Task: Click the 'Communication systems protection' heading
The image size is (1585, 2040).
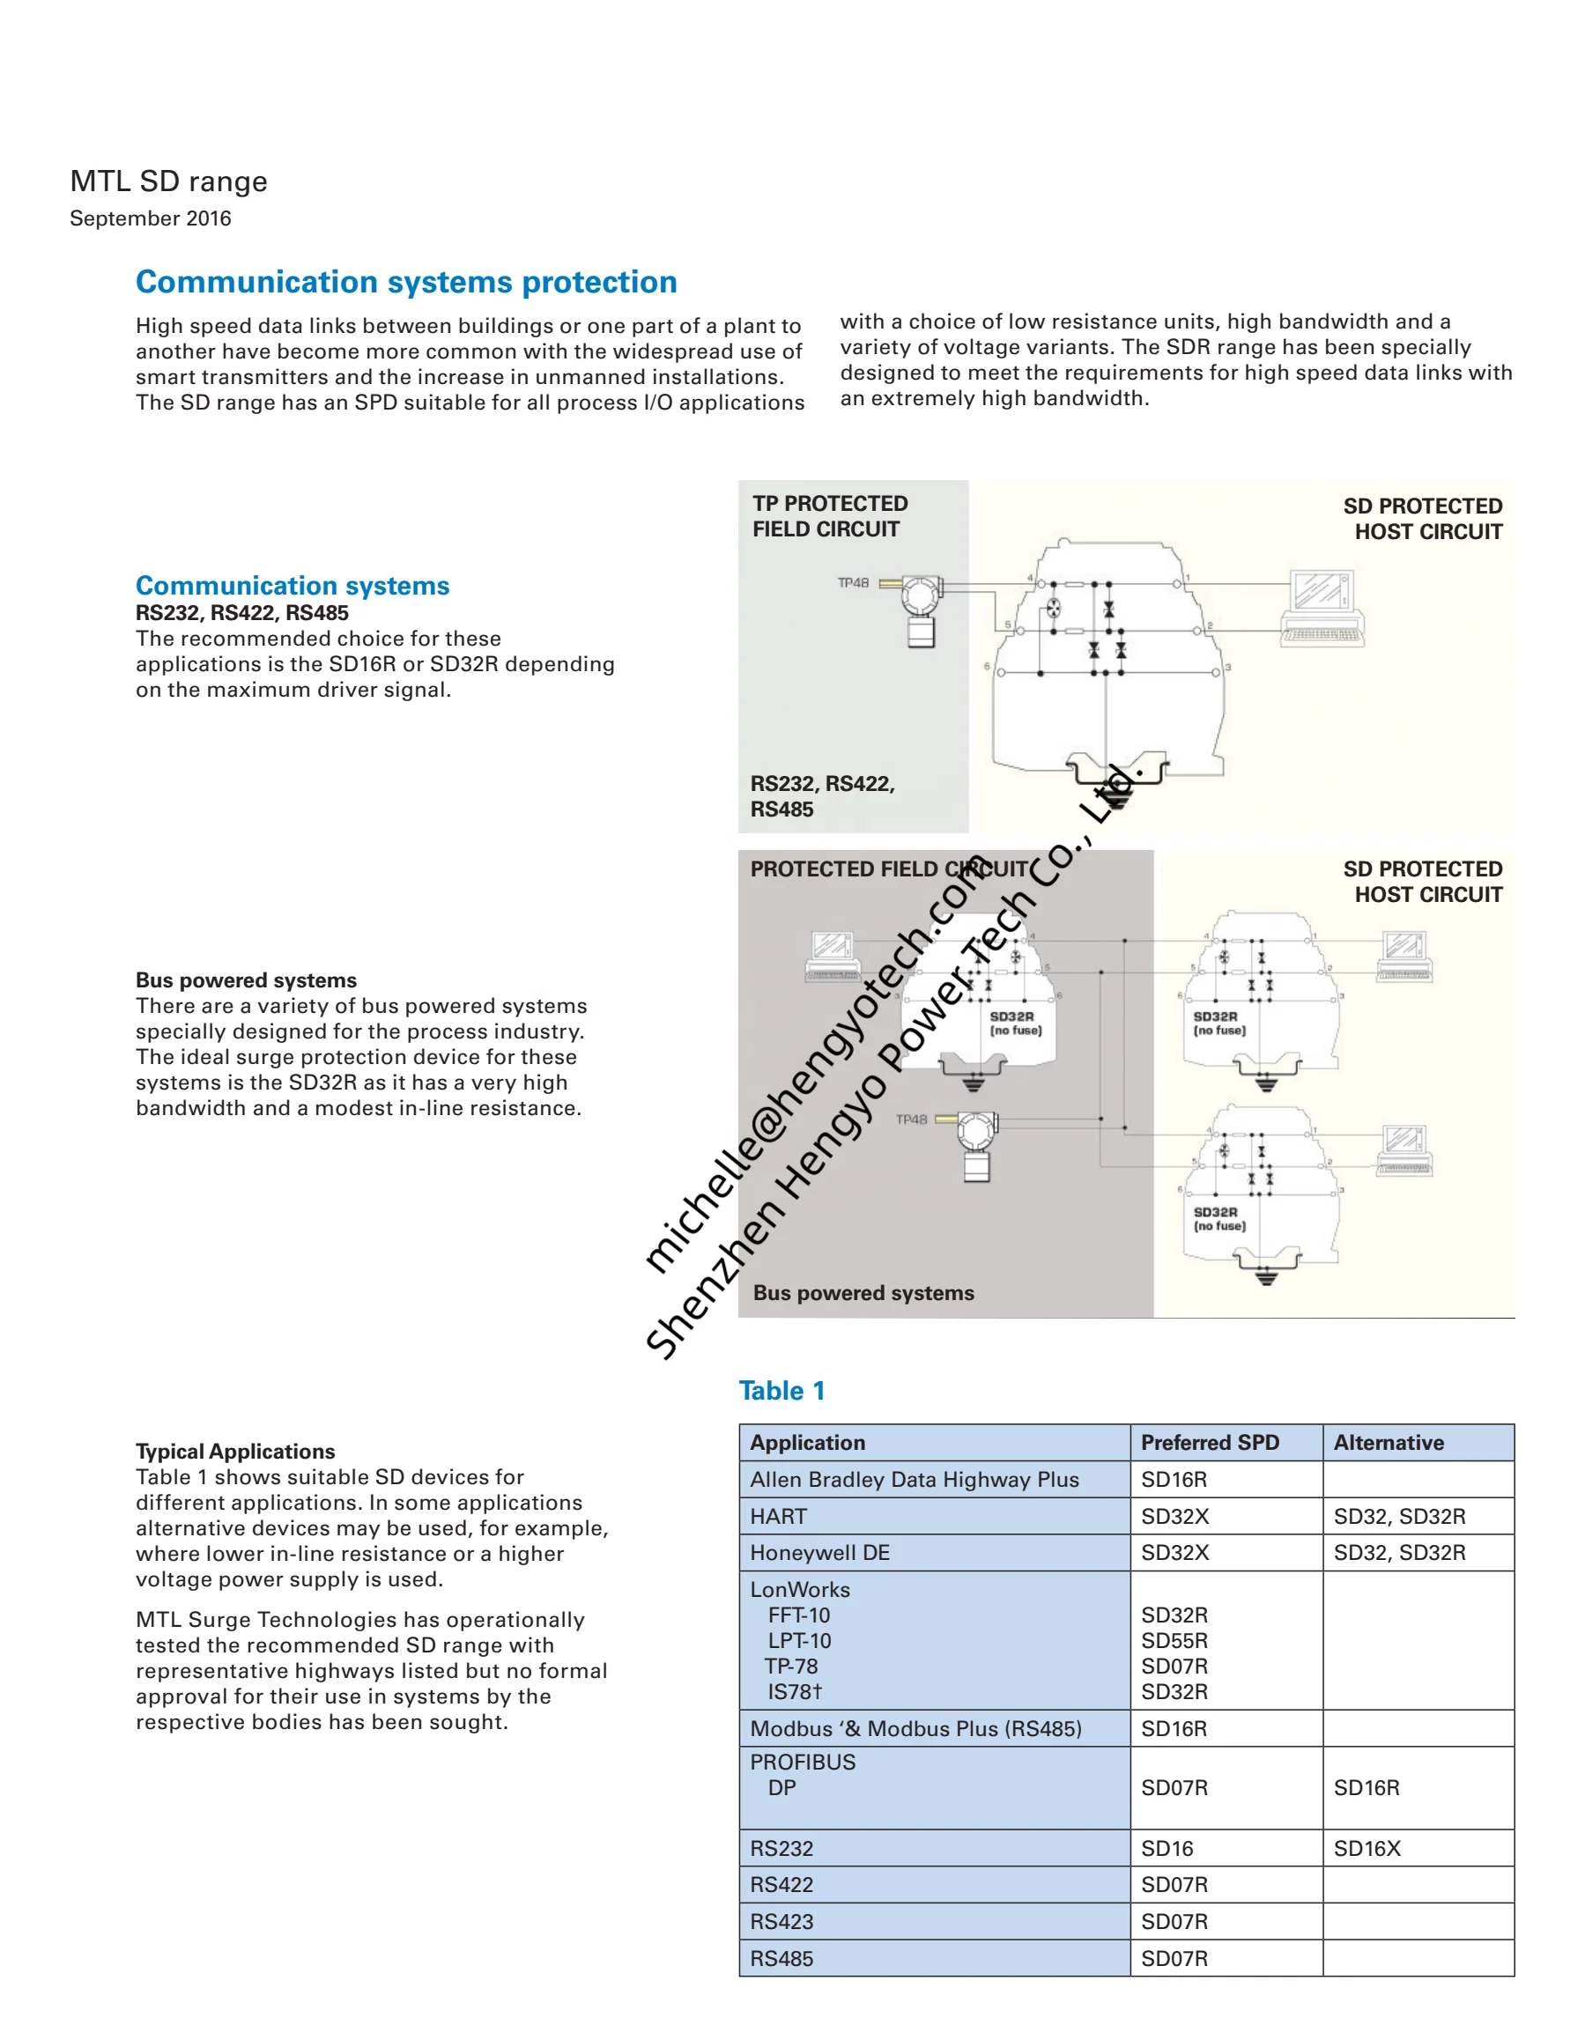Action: click(405, 282)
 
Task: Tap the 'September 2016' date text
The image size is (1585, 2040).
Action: click(151, 218)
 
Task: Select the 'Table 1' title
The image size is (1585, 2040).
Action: click(781, 1391)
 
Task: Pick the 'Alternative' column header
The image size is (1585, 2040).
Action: click(1388, 1442)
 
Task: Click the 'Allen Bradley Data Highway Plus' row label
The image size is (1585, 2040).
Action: click(914, 1480)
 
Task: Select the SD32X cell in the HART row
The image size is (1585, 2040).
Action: click(1174, 1516)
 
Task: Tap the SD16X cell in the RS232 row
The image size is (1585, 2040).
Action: click(1367, 1849)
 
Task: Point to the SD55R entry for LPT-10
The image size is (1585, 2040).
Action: click(1174, 1640)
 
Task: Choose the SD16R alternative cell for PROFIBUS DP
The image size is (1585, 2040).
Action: click(1366, 1788)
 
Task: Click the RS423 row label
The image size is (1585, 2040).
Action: click(781, 1921)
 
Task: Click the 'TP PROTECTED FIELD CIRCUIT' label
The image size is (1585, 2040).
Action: click(829, 516)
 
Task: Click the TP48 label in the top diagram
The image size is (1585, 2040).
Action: click(852, 583)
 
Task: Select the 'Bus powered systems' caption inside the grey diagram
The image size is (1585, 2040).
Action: click(863, 1293)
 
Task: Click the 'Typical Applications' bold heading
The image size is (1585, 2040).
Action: click(234, 1451)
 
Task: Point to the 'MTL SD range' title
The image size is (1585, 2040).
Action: click(168, 181)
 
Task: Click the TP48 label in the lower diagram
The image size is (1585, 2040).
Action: click(910, 1119)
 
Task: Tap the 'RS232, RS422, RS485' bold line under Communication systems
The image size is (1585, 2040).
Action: click(241, 613)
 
